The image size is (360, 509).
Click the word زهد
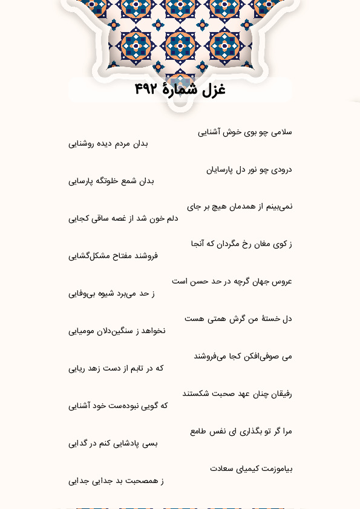(101, 368)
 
